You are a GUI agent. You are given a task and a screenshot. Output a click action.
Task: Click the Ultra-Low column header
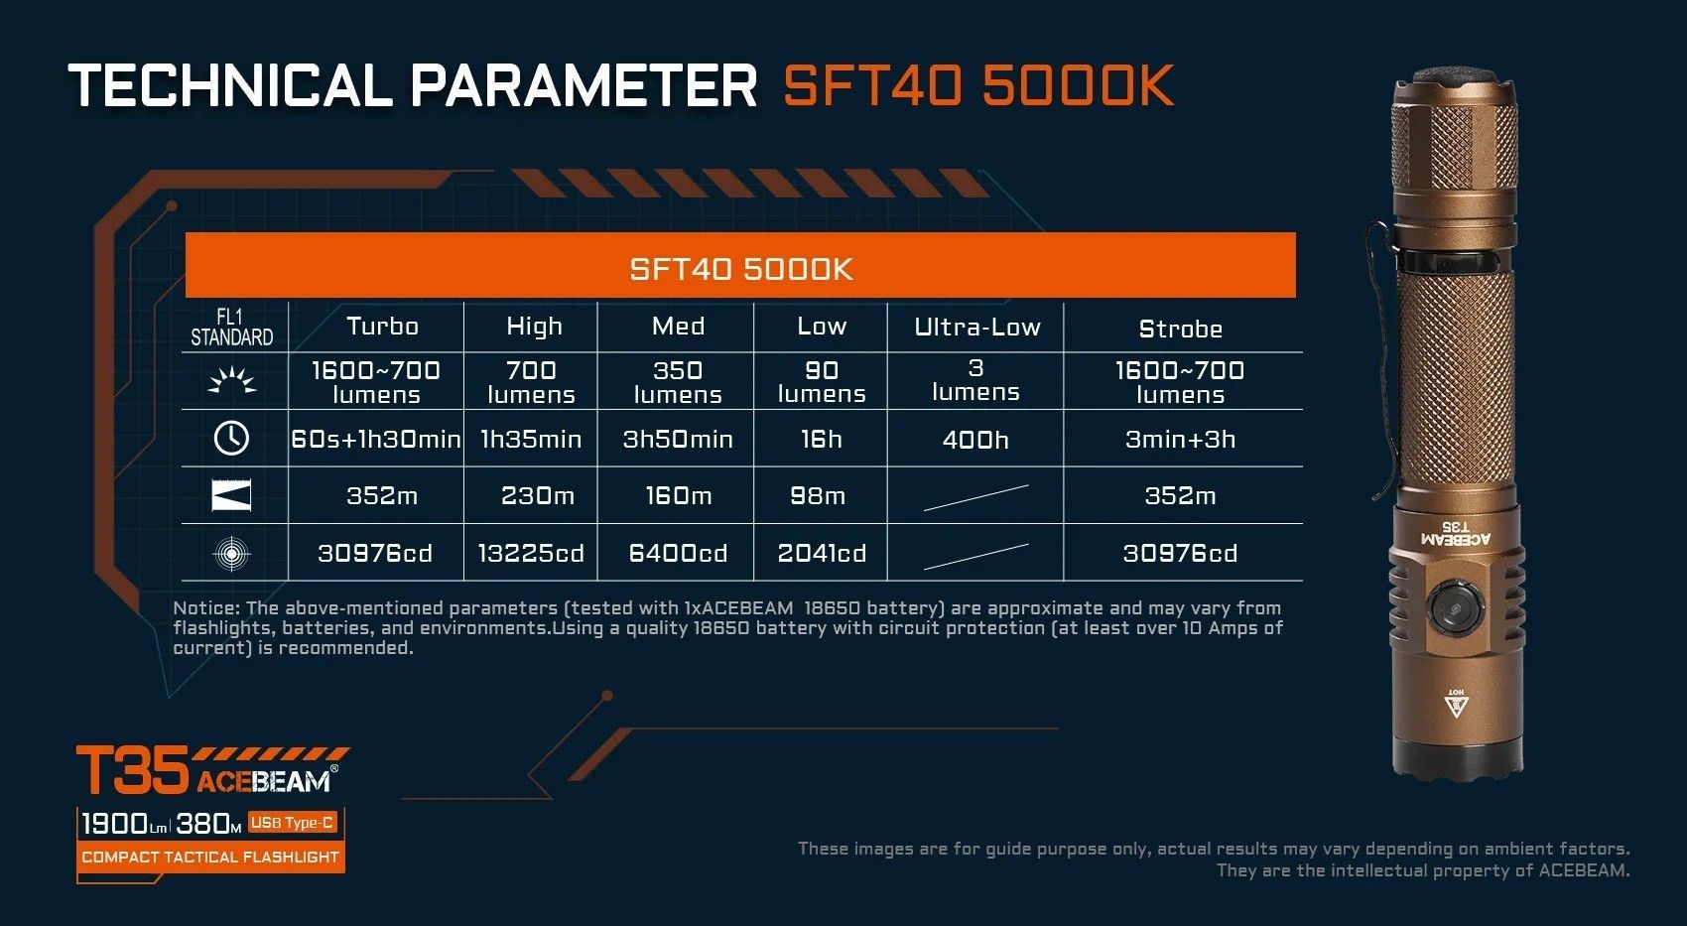click(976, 327)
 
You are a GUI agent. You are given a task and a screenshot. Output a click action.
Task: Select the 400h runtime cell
click(975, 440)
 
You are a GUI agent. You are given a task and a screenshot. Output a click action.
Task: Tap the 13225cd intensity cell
click(531, 553)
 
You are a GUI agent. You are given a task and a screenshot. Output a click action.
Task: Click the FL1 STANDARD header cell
click(232, 327)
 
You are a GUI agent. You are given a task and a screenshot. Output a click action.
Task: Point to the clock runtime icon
click(231, 438)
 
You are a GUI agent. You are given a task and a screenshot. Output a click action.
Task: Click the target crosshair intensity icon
click(232, 554)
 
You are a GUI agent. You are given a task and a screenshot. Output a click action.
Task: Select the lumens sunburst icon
click(232, 380)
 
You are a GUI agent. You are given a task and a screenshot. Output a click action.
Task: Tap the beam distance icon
click(231, 496)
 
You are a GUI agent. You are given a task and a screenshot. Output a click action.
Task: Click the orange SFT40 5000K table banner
click(740, 265)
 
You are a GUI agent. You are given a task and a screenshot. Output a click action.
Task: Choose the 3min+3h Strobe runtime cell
click(1180, 440)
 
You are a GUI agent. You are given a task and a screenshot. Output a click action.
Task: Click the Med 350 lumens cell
click(678, 382)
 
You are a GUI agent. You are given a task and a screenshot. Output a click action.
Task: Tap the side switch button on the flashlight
click(1455, 607)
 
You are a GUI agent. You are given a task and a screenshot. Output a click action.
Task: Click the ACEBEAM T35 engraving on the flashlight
click(1455, 533)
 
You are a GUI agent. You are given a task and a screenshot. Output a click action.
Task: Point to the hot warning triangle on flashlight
click(1456, 704)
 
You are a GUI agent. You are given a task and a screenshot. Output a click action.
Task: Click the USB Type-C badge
click(292, 822)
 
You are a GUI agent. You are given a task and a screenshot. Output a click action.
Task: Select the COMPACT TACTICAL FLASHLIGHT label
click(210, 858)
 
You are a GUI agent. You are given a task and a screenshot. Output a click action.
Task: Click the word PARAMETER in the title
click(584, 85)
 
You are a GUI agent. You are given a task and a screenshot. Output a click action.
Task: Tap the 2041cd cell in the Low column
click(822, 553)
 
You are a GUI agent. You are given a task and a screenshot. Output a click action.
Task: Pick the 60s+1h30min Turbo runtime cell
click(376, 440)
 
